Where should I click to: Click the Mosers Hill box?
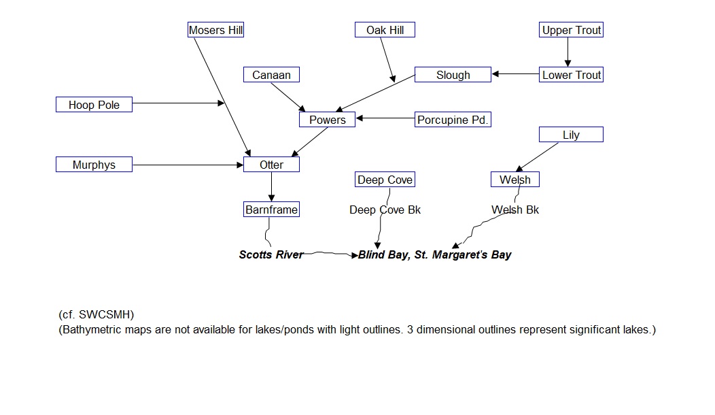coord(215,30)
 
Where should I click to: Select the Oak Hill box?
coord(385,30)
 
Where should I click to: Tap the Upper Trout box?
coord(572,30)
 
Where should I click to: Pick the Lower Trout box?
coord(572,75)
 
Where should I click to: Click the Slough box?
coord(453,75)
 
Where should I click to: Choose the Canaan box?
coord(271,75)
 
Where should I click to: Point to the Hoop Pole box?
coord(94,105)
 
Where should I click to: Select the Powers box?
coord(327,120)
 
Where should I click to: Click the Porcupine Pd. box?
coord(453,120)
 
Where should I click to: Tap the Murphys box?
coord(94,165)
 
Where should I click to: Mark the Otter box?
coord(271,165)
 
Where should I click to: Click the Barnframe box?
coord(271,210)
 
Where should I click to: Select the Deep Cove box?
coord(385,180)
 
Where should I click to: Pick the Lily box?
coord(571,135)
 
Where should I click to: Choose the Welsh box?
coord(515,180)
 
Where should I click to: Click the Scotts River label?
coord(271,254)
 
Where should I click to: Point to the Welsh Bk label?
coord(515,210)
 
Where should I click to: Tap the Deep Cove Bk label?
coord(385,210)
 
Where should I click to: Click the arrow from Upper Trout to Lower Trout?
coord(568,52)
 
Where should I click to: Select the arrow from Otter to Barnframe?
coord(271,187)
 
